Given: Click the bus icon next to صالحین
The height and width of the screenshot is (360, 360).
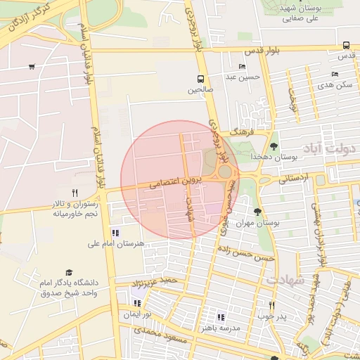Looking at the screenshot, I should (201, 79).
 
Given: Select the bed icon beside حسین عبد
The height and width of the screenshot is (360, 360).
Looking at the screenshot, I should (243, 67).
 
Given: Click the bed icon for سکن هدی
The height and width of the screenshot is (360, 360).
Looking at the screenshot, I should (335, 74).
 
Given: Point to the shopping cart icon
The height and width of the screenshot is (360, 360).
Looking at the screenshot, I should (32, 67).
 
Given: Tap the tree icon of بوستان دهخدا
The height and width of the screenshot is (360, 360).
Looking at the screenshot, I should (274, 146).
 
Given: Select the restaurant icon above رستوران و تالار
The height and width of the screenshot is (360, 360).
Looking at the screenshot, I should (75, 192).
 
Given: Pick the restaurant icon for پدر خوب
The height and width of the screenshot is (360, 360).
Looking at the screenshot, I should (271, 305).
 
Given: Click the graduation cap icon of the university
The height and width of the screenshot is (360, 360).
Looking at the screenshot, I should (69, 271).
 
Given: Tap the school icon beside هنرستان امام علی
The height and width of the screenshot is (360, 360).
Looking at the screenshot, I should (115, 233).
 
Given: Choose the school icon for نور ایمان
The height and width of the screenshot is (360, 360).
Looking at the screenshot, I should (137, 303).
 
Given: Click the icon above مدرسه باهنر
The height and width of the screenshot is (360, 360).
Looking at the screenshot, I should (221, 317).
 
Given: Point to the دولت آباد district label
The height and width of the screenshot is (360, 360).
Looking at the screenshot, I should (330, 149).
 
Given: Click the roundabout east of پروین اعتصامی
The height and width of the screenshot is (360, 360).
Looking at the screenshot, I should (225, 172).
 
